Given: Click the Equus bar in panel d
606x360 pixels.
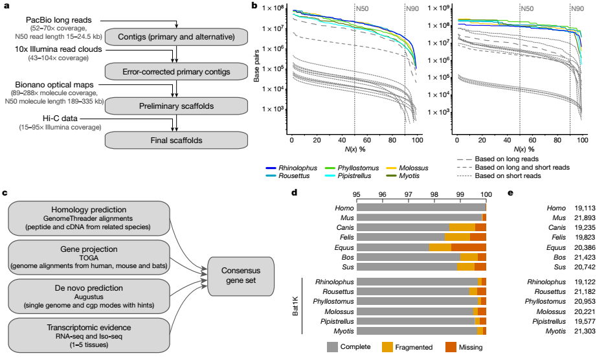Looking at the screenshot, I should (421, 247).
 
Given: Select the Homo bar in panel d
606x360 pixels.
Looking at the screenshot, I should (421, 207).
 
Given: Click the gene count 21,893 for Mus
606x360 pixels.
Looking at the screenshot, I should (585, 218).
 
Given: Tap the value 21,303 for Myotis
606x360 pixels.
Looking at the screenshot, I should (585, 331).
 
